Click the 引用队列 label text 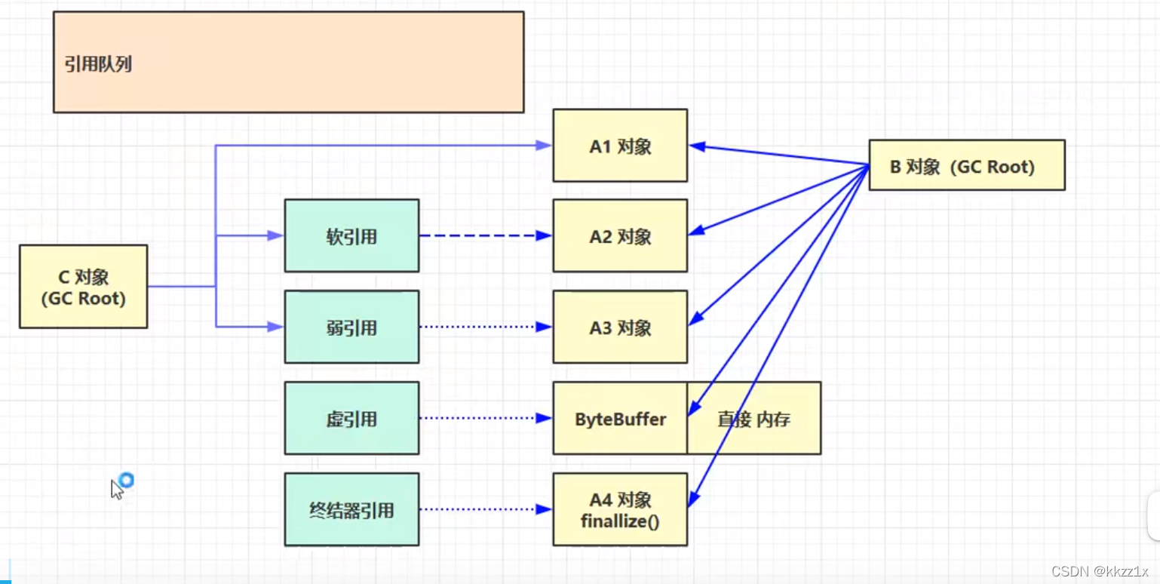coord(98,64)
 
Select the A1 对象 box coord(621,146)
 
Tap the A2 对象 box coord(621,235)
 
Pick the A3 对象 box coord(621,327)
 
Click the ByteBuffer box coord(620,418)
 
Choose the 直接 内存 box coord(754,418)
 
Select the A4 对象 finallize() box coord(621,509)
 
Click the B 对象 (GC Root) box coord(967,165)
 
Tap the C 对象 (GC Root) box coord(84,287)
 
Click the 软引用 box coord(351,235)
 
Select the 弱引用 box coord(351,327)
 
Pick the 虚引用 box coord(351,418)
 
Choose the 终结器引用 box coord(351,509)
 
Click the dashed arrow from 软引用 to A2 coord(486,235)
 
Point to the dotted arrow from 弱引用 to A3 coord(486,327)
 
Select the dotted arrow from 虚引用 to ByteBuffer coord(486,418)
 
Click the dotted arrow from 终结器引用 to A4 coord(486,509)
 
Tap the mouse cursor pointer coord(116,489)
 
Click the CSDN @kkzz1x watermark coord(1100,571)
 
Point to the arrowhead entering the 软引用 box coord(275,235)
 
